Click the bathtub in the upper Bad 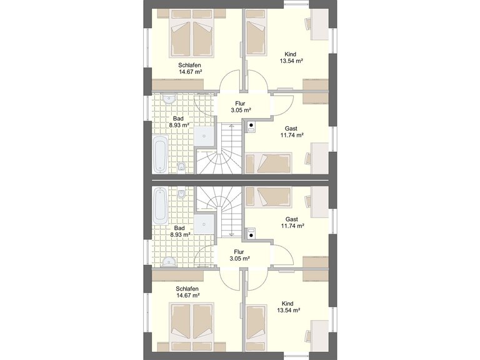[160, 154]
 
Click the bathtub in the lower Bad [160, 206]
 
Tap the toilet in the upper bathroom [181, 167]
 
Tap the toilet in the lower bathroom [181, 192]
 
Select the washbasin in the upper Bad [169, 99]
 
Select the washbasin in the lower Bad [169, 261]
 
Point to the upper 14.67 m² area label [191, 72]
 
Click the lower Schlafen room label [187, 289]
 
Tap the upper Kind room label [290, 54]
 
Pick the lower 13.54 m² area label [288, 311]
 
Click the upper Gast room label [291, 129]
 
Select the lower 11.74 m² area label [292, 226]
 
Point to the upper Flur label [240, 104]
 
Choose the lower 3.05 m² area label [240, 259]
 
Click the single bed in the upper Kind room [256, 33]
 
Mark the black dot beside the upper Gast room [251, 125]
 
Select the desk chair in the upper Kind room [308, 24]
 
